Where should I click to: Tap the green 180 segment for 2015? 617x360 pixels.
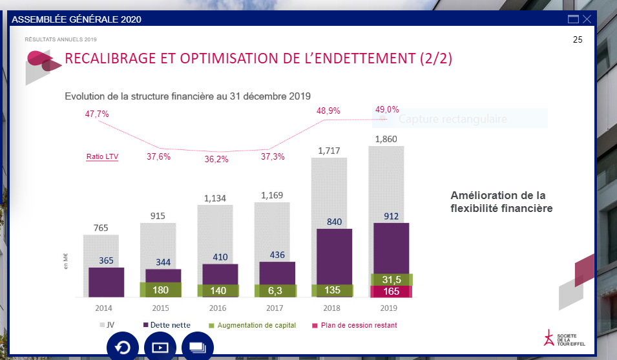pyautogui.click(x=160, y=290)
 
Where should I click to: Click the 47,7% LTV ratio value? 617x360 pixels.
pyautogui.click(x=97, y=114)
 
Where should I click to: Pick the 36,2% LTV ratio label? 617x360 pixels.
pyautogui.click(x=216, y=159)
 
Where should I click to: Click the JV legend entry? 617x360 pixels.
pyautogui.click(x=107, y=325)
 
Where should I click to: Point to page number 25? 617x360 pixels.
pyautogui.click(x=578, y=40)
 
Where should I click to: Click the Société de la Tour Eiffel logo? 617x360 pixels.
pyautogui.click(x=562, y=339)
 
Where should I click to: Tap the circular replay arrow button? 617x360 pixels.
pyautogui.click(x=122, y=347)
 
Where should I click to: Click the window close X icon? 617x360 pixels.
pyautogui.click(x=587, y=19)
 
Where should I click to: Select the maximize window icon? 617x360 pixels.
pyautogui.click(x=573, y=19)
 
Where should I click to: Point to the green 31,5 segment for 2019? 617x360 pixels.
pyautogui.click(x=392, y=279)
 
